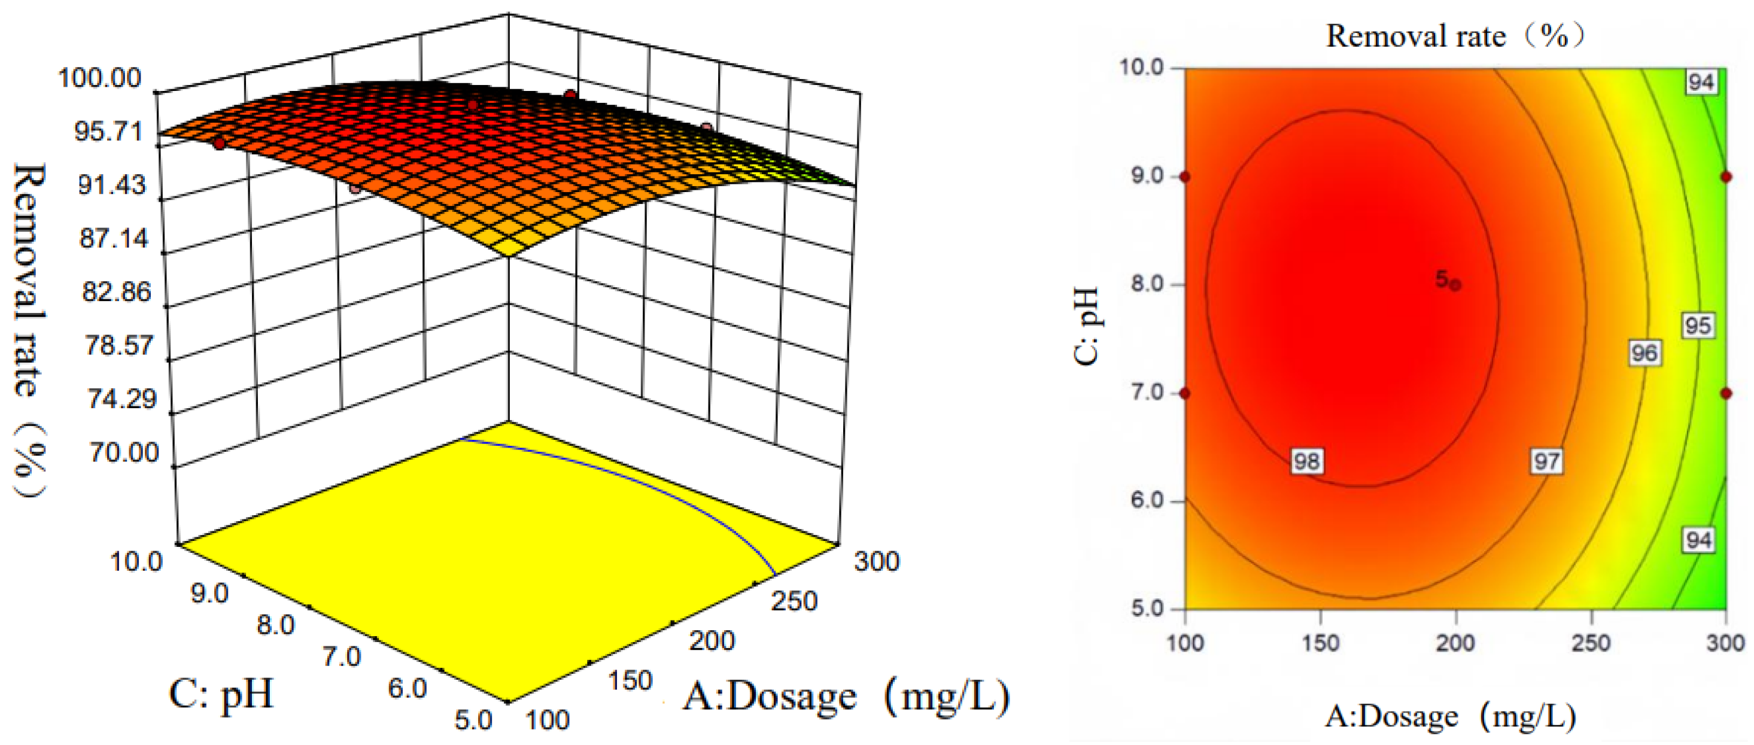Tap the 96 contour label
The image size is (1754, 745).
click(1644, 352)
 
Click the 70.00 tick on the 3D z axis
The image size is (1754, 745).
click(124, 452)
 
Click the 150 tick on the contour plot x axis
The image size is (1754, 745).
click(1320, 643)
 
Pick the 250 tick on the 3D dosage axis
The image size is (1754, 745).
click(794, 601)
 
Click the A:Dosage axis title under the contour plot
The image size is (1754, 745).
click(1451, 717)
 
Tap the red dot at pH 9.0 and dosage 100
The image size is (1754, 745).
click(1185, 177)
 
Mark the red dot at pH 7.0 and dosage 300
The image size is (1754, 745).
click(1726, 393)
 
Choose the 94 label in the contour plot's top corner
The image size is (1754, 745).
click(1700, 83)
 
